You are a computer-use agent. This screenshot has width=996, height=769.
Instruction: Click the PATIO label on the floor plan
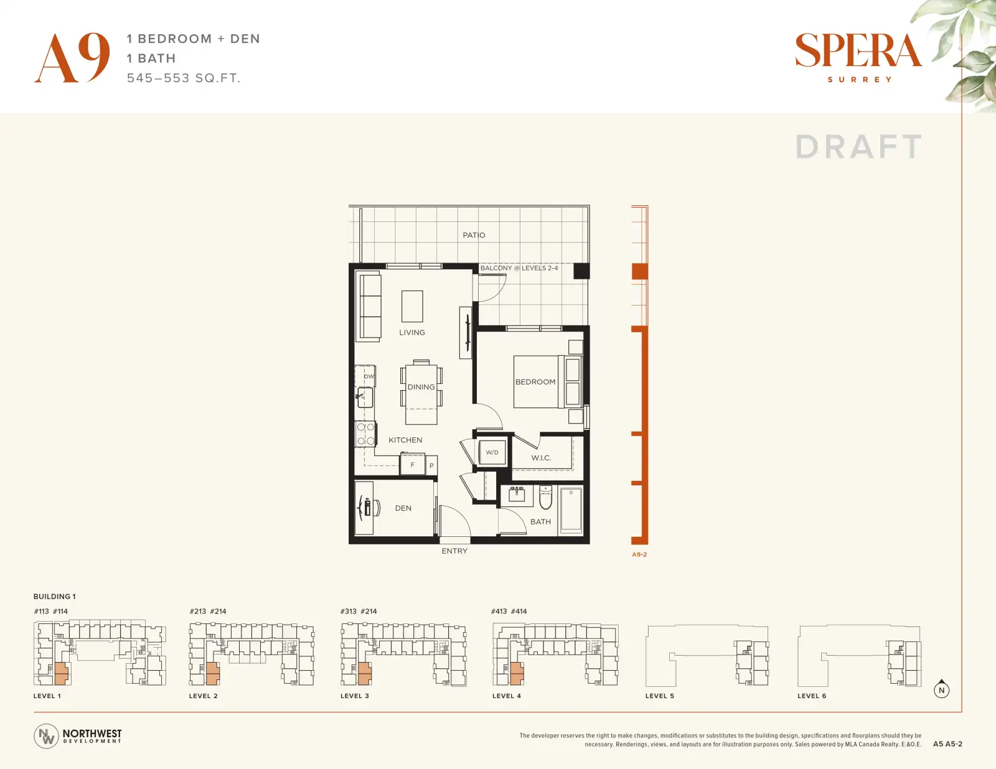474,235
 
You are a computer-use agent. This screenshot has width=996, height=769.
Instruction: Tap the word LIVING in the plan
411,332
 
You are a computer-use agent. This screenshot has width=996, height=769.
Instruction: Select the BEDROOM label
535,381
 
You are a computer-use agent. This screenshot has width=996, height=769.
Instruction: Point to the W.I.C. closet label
541,457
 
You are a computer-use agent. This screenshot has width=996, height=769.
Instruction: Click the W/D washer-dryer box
492,452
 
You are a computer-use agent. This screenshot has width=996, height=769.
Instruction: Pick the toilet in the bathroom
545,497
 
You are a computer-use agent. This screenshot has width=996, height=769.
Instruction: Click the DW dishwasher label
369,376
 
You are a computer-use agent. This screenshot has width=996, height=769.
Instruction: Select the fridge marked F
412,464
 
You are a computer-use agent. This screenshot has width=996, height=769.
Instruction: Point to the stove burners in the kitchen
366,434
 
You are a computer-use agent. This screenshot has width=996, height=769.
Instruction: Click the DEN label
403,508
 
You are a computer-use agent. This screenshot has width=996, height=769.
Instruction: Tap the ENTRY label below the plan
454,551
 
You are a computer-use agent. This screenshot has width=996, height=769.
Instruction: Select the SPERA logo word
858,50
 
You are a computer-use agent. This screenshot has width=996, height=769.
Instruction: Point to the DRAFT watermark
858,147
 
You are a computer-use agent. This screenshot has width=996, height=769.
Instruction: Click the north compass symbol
941,689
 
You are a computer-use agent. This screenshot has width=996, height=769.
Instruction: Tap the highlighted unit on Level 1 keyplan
61,673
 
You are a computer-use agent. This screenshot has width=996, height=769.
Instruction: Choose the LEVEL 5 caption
660,696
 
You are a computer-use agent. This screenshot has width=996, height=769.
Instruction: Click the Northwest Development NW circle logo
46,736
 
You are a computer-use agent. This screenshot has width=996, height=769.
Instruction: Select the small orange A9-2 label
639,554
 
